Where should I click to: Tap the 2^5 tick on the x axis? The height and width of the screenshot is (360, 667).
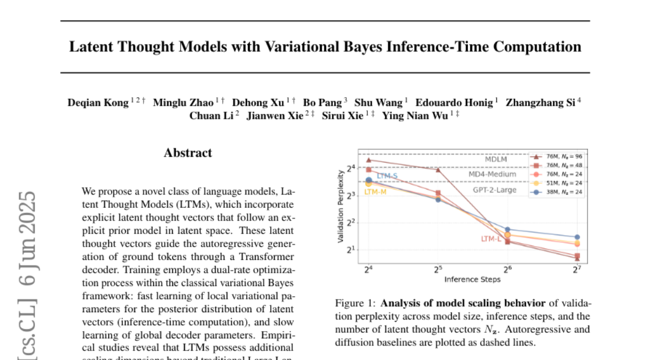[437, 270]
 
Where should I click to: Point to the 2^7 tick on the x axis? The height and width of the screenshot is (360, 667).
[577, 270]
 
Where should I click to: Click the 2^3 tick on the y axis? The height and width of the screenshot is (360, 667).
[350, 196]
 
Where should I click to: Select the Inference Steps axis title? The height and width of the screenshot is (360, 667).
[472, 279]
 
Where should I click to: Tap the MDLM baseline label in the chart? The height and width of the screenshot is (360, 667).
[496, 159]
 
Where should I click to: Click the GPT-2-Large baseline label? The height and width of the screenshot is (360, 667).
[495, 190]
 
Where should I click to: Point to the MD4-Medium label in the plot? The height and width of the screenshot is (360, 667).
[491, 174]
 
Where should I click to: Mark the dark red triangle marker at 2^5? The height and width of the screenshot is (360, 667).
[438, 170]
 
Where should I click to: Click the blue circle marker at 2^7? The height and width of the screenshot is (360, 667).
[577, 237]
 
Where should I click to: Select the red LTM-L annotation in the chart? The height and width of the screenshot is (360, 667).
[491, 239]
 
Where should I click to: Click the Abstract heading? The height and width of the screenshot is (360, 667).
[188, 153]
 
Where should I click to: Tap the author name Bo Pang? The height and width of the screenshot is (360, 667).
[322, 102]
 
